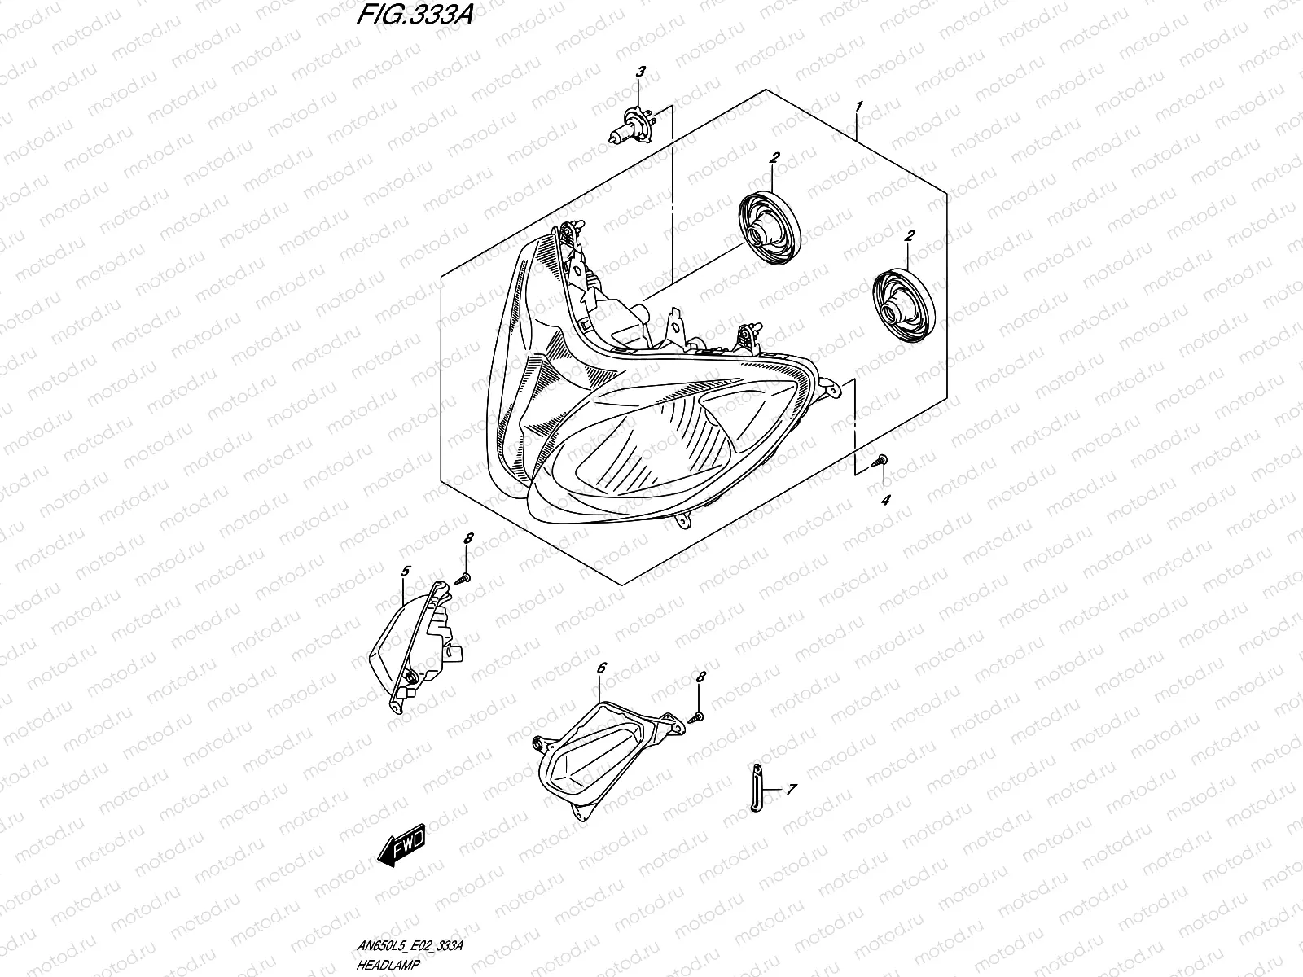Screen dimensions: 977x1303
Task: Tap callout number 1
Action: pos(858,107)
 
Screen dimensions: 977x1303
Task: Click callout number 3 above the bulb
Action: pos(640,72)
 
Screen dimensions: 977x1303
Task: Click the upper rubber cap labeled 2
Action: pos(770,226)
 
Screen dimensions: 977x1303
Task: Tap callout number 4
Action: pos(885,498)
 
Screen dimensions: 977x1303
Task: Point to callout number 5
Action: pos(405,572)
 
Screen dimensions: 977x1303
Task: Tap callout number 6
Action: pos(601,668)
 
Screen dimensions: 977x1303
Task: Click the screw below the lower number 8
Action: pos(696,717)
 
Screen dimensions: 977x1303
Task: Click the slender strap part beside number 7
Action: pos(755,786)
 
